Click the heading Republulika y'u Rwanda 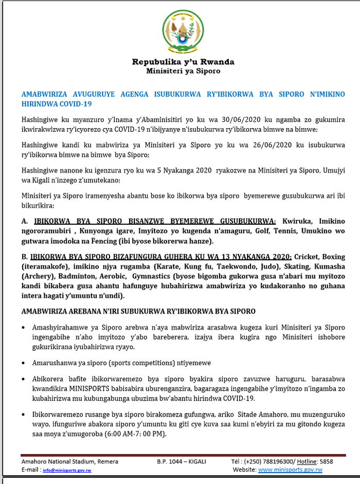point(183,62)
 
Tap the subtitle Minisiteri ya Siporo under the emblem point(183,71)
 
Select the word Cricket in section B point(308,257)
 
